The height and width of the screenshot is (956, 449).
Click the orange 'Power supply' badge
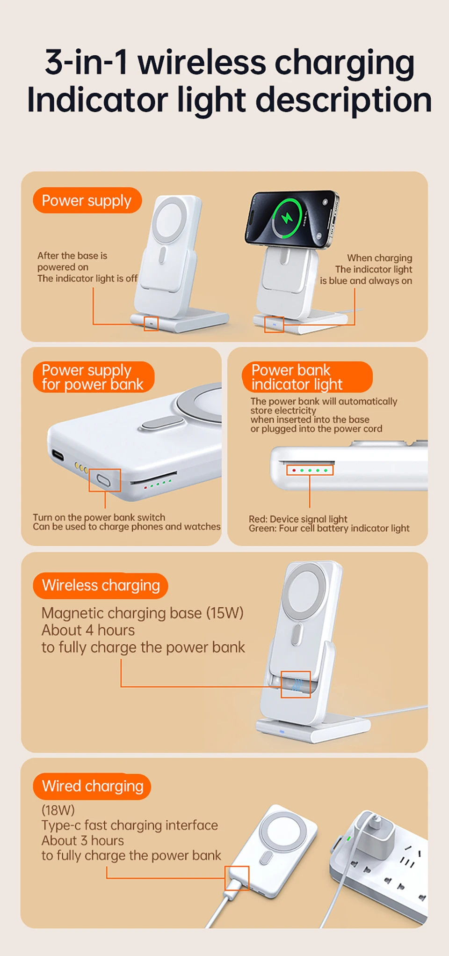pos(87,200)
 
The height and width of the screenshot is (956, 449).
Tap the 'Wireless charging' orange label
pos(100,586)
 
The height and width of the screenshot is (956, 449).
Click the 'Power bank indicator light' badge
pos(307,377)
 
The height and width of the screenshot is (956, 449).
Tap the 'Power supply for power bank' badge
pos(93,377)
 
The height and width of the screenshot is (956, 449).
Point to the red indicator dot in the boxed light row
pos(294,470)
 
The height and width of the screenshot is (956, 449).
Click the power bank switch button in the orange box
pos(104,480)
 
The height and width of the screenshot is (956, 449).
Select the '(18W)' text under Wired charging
pos(58,810)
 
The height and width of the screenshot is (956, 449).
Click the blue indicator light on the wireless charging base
pos(282,731)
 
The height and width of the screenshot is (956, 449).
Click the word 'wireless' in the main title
pos(202,62)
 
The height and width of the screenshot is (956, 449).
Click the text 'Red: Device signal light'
pos(298,519)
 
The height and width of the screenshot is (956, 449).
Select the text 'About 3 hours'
pos(83,841)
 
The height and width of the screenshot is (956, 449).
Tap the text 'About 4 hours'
pos(88,631)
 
